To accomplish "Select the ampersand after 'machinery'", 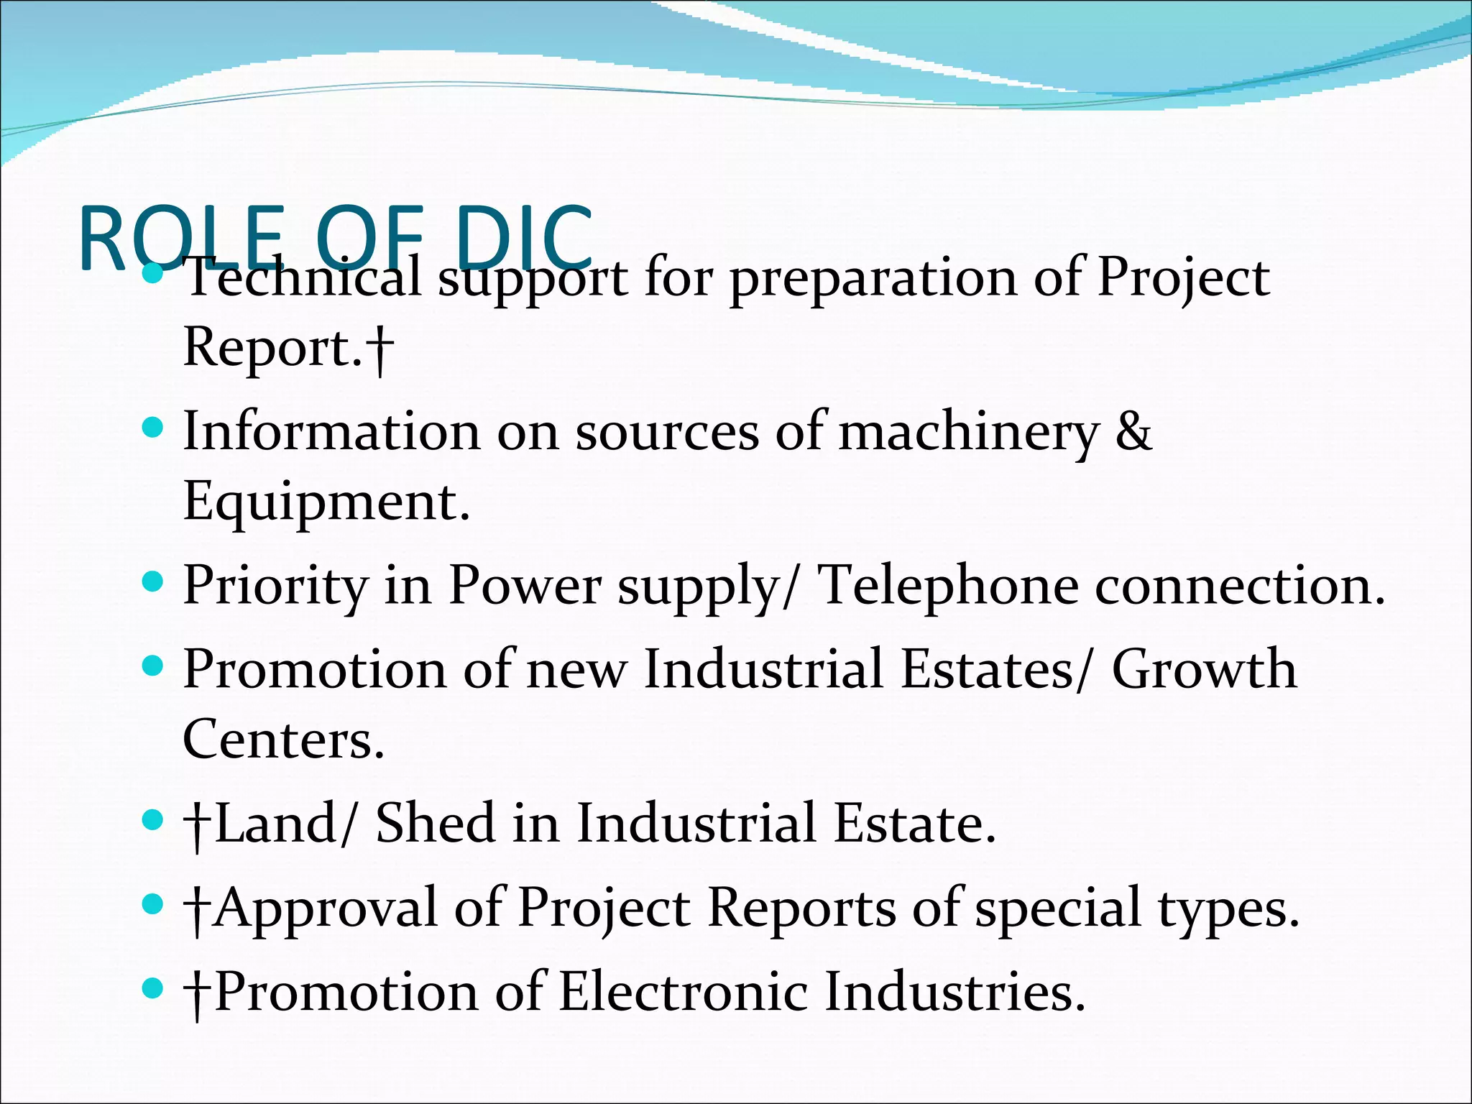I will [x=1133, y=431].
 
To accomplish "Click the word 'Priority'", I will [x=275, y=586].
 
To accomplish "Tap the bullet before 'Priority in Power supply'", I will [x=152, y=581].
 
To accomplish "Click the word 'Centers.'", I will [x=283, y=740].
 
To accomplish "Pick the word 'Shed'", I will [x=435, y=824].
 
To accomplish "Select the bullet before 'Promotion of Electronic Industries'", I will [x=152, y=988].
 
